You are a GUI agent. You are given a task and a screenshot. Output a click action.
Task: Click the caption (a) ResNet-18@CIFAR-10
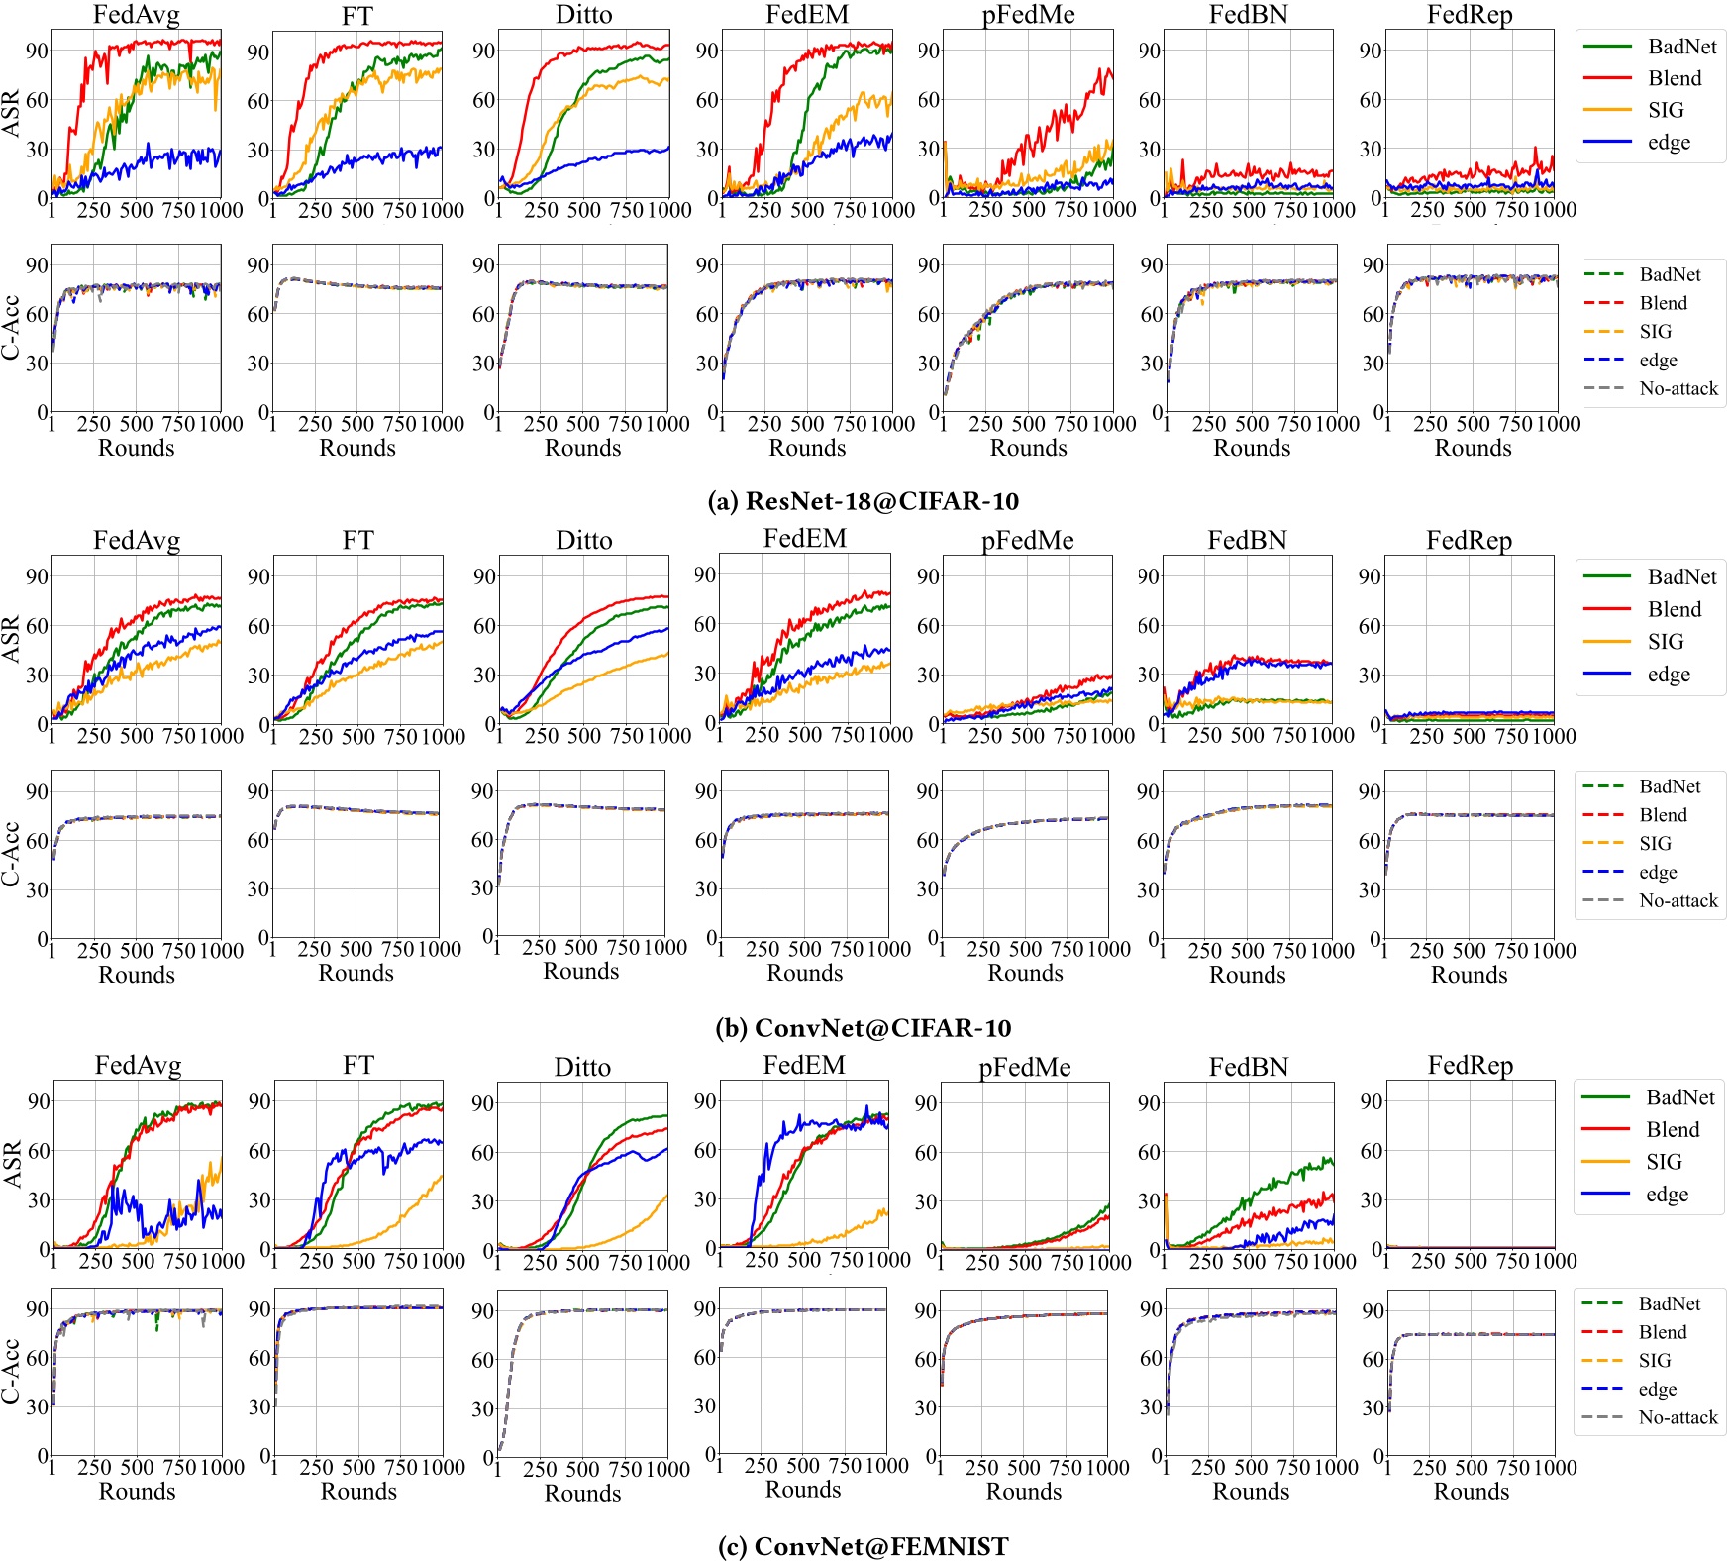(x=863, y=501)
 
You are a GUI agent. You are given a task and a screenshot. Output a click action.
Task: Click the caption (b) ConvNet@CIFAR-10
(x=863, y=1027)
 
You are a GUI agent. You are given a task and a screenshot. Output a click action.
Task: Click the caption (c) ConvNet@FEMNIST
(x=863, y=1546)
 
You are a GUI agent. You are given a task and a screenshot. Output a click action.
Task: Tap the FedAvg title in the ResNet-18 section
(x=137, y=15)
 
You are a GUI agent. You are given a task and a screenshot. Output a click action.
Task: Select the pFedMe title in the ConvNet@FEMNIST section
(x=1025, y=1067)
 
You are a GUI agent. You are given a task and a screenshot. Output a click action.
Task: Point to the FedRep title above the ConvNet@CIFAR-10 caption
(x=1469, y=540)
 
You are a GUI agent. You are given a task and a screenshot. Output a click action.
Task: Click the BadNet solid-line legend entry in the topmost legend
(x=1681, y=47)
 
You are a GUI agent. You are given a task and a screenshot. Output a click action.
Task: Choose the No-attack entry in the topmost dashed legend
(x=1678, y=388)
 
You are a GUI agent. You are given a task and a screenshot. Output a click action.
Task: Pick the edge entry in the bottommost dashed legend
(x=1657, y=1389)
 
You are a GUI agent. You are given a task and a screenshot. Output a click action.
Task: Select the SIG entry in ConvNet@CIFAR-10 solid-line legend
(x=1665, y=642)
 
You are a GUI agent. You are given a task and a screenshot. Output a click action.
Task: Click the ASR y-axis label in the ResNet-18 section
(x=11, y=113)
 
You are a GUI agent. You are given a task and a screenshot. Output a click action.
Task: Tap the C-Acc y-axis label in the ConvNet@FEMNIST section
(x=11, y=1371)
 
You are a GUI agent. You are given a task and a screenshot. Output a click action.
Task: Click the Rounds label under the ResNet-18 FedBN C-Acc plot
(x=1252, y=448)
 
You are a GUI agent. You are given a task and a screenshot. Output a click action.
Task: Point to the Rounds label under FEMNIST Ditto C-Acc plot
(x=582, y=1493)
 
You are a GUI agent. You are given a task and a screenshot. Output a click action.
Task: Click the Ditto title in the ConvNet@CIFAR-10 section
(x=583, y=540)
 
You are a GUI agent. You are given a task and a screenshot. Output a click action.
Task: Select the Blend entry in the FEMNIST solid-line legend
(x=1672, y=1129)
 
